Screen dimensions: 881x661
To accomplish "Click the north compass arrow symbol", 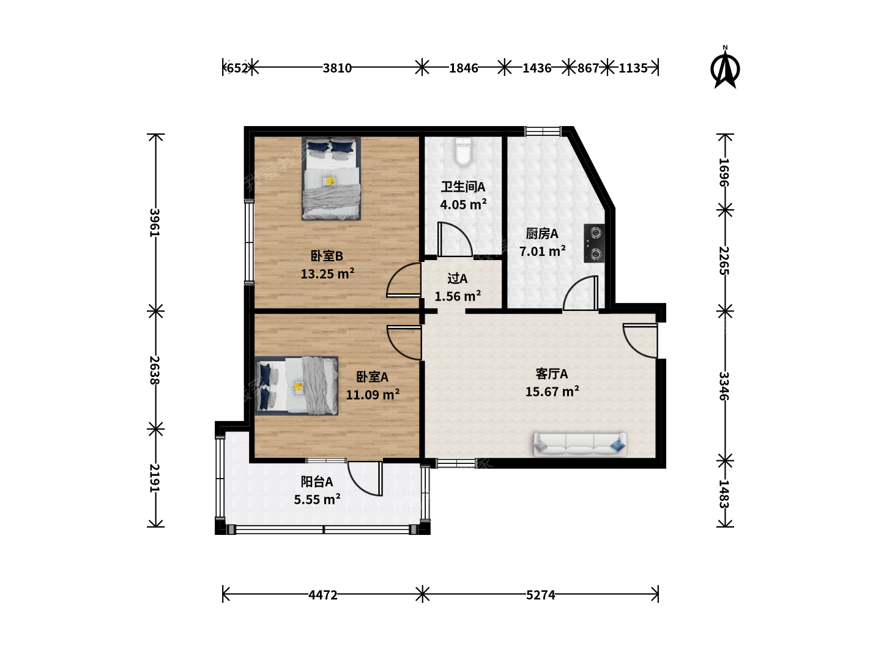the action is point(725,67).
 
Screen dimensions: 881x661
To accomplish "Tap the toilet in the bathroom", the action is point(463,152).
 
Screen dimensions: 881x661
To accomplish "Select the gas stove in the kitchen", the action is point(595,243).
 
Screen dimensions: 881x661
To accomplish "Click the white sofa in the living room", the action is point(580,444).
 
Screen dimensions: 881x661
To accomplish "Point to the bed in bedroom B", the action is point(331,179).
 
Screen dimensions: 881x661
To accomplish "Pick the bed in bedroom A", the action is point(297,386).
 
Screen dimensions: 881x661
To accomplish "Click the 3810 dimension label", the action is point(337,68).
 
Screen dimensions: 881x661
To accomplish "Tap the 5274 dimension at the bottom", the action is point(541,595).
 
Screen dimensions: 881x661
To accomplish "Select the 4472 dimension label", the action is point(322,595).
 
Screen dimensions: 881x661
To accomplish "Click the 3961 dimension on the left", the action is point(155,223).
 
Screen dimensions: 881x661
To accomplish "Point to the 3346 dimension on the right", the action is point(724,386).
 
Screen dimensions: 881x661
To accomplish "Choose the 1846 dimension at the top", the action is point(464,68).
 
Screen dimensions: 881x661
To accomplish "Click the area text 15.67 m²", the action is point(552,391).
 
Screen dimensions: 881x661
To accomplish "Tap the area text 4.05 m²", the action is point(463,204).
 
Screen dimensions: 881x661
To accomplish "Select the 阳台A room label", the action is point(317,482).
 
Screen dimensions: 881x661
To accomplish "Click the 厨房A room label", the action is point(542,234).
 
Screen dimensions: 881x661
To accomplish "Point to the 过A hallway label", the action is point(457,278).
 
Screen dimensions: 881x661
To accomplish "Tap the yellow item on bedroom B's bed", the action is point(330,181).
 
